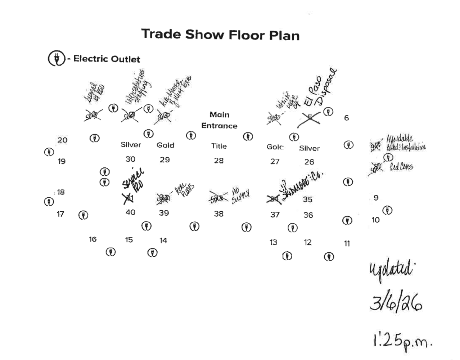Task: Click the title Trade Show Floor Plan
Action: click(x=220, y=35)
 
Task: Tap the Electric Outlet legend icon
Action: click(x=57, y=58)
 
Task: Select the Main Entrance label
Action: click(x=219, y=120)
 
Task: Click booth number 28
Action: click(x=219, y=161)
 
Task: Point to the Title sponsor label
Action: click(x=219, y=146)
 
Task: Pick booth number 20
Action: click(x=62, y=140)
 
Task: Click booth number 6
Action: click(x=346, y=118)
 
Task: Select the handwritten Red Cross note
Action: click(x=401, y=167)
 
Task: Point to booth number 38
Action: click(x=219, y=214)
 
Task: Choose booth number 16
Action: click(x=93, y=239)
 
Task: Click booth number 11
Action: click(x=347, y=244)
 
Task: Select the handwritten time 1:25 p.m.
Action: click(x=402, y=341)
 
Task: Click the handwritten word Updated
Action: click(x=390, y=269)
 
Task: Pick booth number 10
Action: click(x=375, y=220)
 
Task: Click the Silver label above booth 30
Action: click(x=131, y=145)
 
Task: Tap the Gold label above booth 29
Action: click(x=165, y=145)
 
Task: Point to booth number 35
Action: click(x=307, y=199)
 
